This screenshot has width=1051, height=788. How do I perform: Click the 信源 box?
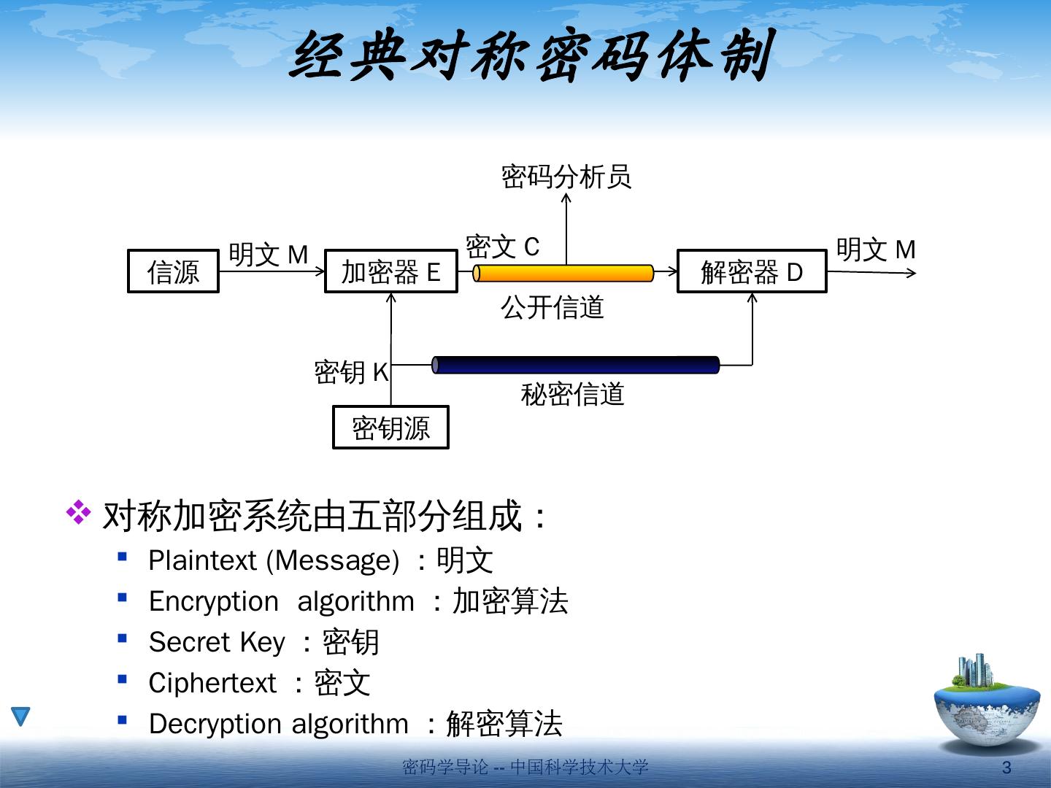pos(173,271)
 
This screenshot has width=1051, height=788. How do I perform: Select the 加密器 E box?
pos(390,271)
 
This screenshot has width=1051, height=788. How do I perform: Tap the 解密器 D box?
pos(752,271)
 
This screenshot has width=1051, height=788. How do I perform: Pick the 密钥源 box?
pos(390,428)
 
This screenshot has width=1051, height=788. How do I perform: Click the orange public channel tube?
pos(563,273)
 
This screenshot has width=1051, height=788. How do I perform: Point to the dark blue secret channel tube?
pos(576,365)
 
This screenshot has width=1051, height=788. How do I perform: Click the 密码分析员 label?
pos(566,177)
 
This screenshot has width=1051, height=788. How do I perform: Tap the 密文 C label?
pos(502,247)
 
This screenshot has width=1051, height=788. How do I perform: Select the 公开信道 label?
pos(553,307)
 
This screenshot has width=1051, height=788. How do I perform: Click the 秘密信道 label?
pos(572,394)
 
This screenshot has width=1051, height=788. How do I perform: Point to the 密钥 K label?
pos(351,372)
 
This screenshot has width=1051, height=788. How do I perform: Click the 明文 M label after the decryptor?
pos(875,250)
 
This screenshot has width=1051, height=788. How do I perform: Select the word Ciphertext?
pos(212,683)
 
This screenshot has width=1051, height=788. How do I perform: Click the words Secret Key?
pos(217,642)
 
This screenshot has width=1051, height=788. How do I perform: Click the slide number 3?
pos(1007,768)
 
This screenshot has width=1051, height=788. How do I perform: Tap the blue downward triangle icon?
pos(20,716)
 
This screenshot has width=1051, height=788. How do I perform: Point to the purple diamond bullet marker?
pos(78,513)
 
